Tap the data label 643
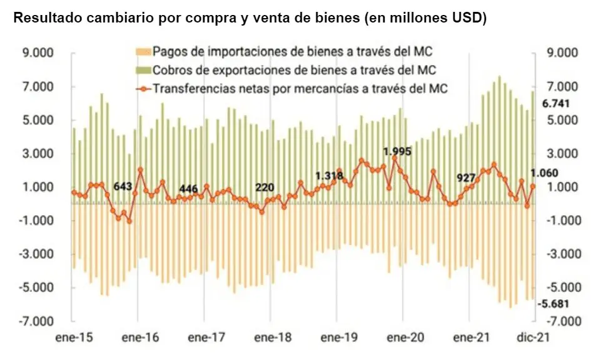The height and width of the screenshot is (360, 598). [x=123, y=186]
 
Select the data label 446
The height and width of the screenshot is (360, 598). [x=188, y=189]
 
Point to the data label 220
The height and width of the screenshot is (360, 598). [x=265, y=187]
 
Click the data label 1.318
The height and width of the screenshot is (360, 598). [x=329, y=176]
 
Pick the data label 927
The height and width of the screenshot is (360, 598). [x=466, y=177]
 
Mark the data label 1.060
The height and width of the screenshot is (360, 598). [x=544, y=173]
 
